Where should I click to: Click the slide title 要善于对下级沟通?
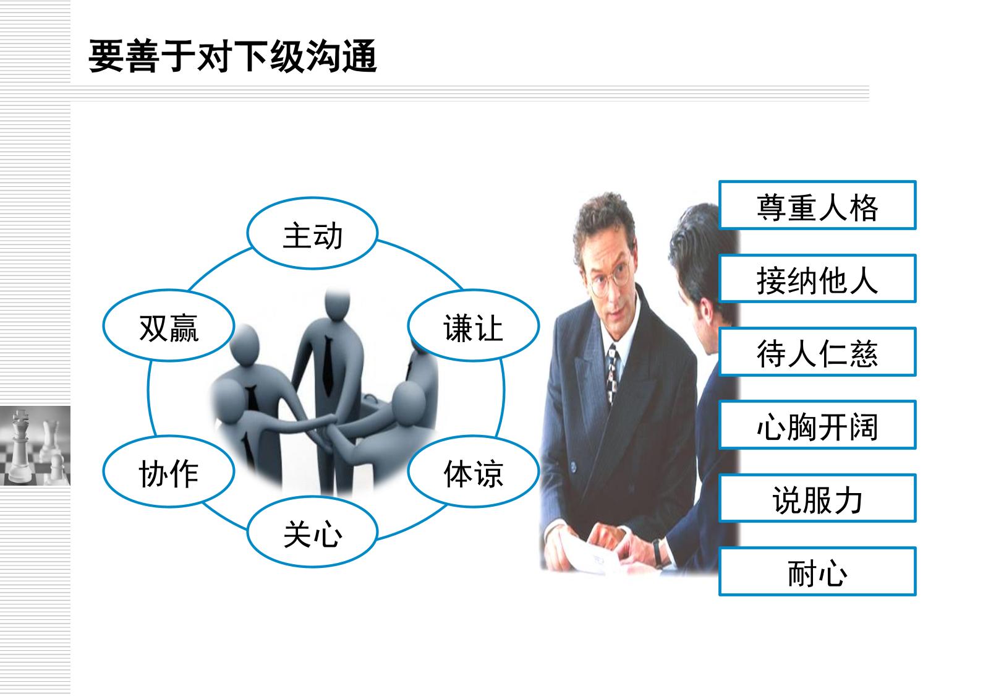[232, 56]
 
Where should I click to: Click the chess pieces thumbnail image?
[35, 446]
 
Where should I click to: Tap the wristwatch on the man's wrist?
[658, 552]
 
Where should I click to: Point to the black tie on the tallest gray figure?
[328, 367]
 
